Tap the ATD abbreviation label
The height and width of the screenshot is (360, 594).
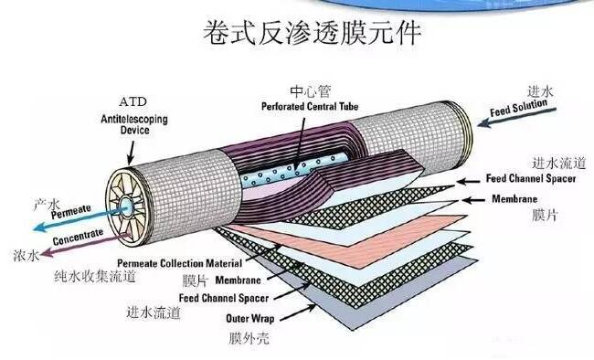132,100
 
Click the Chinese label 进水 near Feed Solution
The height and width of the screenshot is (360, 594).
541,91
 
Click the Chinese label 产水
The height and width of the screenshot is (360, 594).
47,204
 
